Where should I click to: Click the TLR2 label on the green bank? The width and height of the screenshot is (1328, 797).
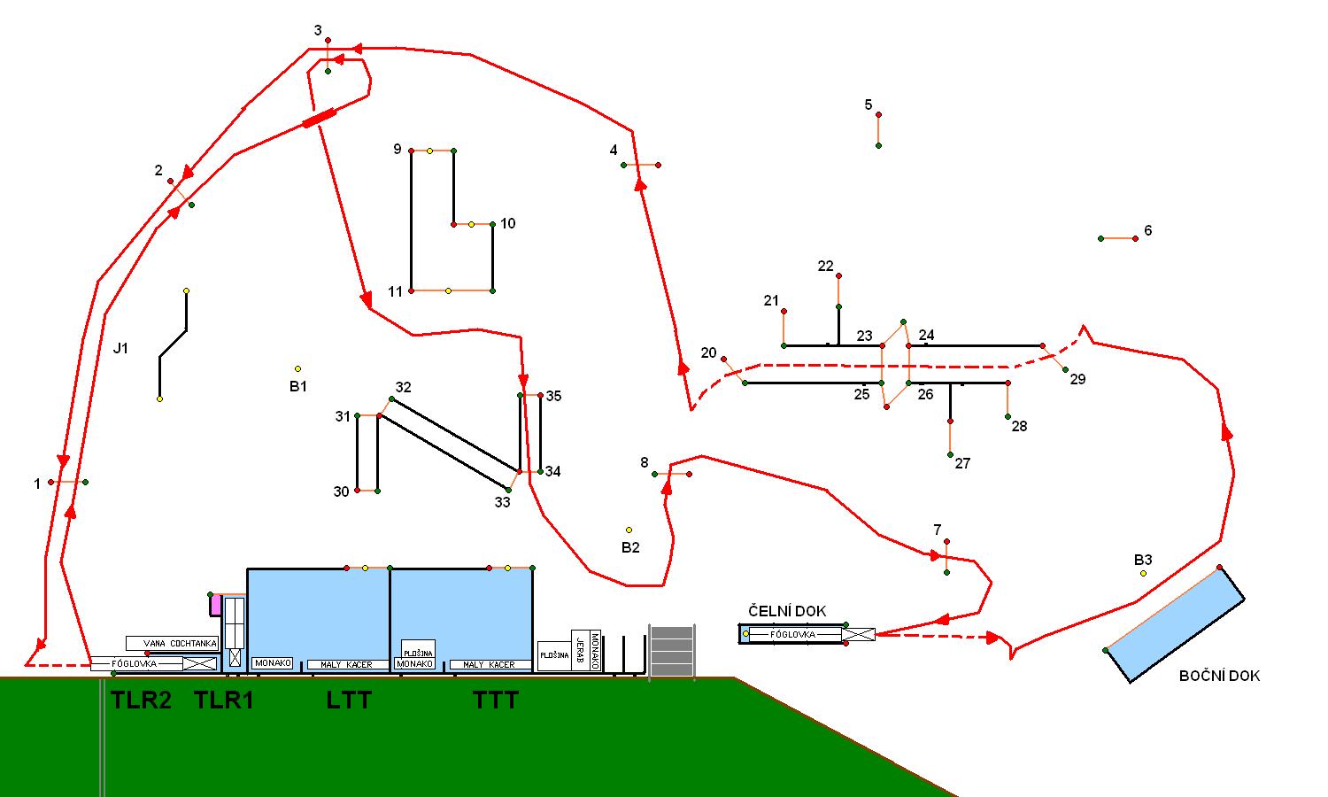point(141,700)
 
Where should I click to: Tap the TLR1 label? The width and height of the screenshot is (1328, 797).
point(224,700)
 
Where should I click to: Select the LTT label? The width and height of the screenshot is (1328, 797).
point(349,700)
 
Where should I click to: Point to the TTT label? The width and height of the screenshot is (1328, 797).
point(496,700)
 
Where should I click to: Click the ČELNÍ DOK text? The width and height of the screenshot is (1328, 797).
point(787,611)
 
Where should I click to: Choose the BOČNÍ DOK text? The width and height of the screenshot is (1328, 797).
point(1219,676)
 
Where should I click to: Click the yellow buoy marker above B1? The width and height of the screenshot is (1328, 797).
point(297,368)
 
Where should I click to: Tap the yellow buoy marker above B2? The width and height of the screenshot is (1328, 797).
point(629,530)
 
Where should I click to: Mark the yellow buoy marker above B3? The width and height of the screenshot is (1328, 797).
point(1143,573)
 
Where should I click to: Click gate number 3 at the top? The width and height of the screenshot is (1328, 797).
point(318,31)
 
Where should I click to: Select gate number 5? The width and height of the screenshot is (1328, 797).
point(869,105)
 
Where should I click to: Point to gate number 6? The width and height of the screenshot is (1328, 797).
point(1148,230)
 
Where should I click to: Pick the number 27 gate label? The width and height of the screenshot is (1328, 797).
point(962,463)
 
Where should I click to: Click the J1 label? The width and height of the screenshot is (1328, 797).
point(121,348)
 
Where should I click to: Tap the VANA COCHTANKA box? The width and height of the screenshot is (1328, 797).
point(172,643)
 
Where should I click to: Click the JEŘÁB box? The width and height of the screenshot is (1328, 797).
point(579,652)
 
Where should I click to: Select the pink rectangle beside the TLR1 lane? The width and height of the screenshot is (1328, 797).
point(215,605)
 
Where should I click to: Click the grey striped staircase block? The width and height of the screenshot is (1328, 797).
point(672,651)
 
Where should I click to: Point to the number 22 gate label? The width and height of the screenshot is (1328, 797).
point(825,266)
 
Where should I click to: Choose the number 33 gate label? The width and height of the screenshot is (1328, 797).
point(502,502)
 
